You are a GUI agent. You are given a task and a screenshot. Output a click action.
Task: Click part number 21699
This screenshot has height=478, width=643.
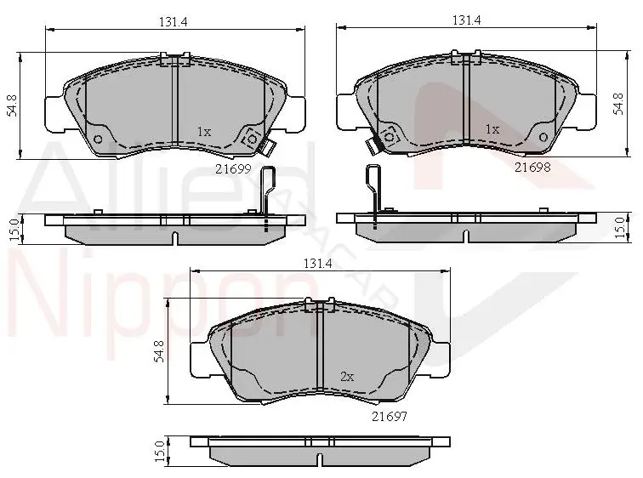pos(233,169)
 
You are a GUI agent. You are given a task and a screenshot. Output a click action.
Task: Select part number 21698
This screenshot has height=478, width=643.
pos(532,168)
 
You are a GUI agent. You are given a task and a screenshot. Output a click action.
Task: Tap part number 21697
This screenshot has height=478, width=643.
pos(390,417)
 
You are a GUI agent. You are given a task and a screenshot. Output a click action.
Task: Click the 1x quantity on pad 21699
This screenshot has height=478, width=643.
pos(204,132)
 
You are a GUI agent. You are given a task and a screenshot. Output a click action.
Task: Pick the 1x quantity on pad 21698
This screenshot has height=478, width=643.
pos(492,129)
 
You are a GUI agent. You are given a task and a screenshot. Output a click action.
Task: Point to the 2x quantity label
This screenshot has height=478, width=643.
pos(347,376)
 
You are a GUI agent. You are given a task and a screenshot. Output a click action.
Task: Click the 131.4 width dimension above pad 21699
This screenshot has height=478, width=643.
pos(173,22)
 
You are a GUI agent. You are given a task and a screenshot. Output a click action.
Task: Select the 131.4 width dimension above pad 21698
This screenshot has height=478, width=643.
pos(467,20)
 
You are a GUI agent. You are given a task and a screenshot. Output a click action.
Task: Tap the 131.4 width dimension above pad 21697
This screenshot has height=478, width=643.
pos(317,263)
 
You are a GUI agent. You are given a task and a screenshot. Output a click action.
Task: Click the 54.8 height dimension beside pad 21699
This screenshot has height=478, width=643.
pos(12,105)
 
